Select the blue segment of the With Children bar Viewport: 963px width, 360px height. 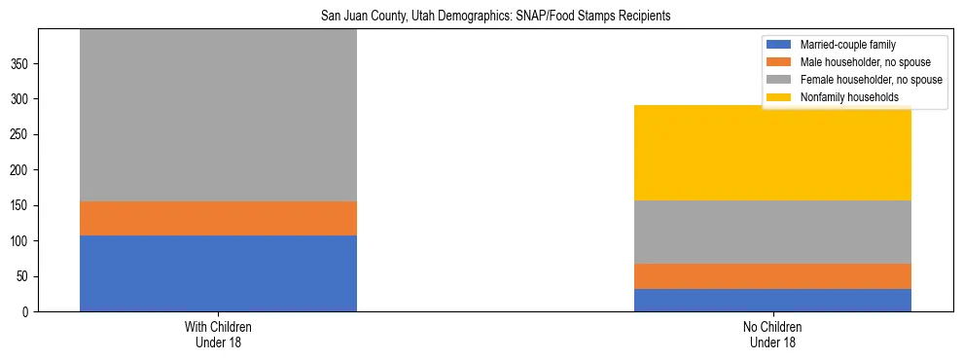pyautogui.click(x=218, y=273)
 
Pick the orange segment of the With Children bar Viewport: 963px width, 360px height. pyautogui.click(x=218, y=218)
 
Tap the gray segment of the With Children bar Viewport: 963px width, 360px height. pyautogui.click(x=218, y=115)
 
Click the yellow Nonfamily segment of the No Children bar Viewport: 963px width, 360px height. pyautogui.click(x=772, y=153)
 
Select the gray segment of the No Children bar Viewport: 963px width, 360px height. pyautogui.click(x=772, y=232)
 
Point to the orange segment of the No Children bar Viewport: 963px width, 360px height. pyautogui.click(x=772, y=276)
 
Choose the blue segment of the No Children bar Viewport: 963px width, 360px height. pyautogui.click(x=772, y=300)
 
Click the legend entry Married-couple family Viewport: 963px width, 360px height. pyautogui.click(x=847, y=45)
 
